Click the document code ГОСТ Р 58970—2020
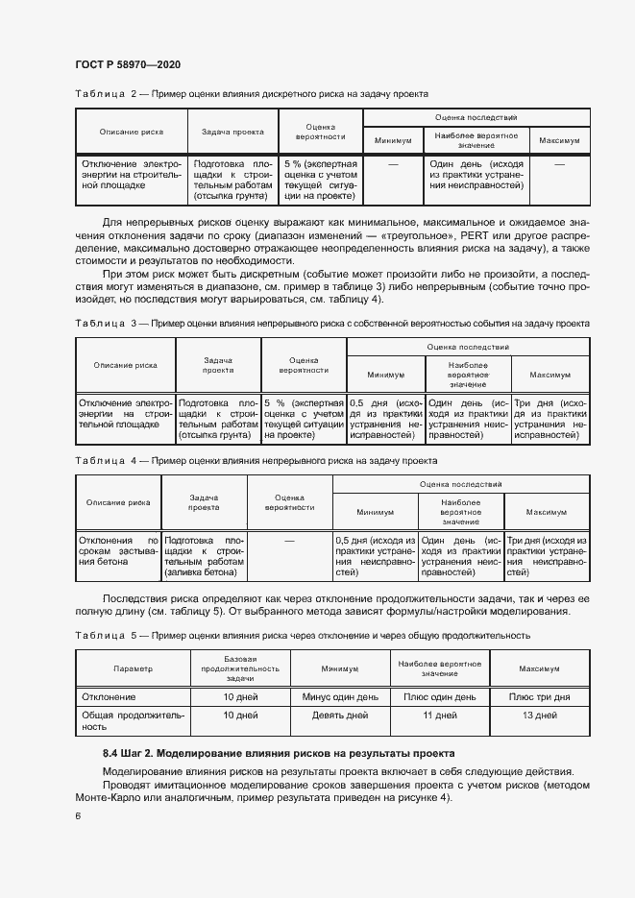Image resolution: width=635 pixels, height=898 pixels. pos(128,64)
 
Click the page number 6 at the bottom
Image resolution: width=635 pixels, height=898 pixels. pos(77,815)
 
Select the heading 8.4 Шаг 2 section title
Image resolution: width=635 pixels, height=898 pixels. pos(279,752)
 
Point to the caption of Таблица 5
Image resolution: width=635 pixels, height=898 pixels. pos(302,635)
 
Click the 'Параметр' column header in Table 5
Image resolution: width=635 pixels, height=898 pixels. pos(133,667)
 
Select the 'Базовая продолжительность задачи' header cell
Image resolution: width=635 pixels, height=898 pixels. pos(240,667)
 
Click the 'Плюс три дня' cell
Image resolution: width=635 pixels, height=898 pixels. pos(539,696)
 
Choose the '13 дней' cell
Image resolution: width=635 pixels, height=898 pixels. pos(539,716)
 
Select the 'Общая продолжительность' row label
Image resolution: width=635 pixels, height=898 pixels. pos(133,721)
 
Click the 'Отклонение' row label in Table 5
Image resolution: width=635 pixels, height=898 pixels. pos(110,696)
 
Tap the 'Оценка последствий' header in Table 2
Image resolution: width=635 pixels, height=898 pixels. pos(476,116)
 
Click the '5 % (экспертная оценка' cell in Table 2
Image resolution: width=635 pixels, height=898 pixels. pos(321,180)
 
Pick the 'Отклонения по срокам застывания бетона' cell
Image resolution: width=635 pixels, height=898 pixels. pos(119,556)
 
